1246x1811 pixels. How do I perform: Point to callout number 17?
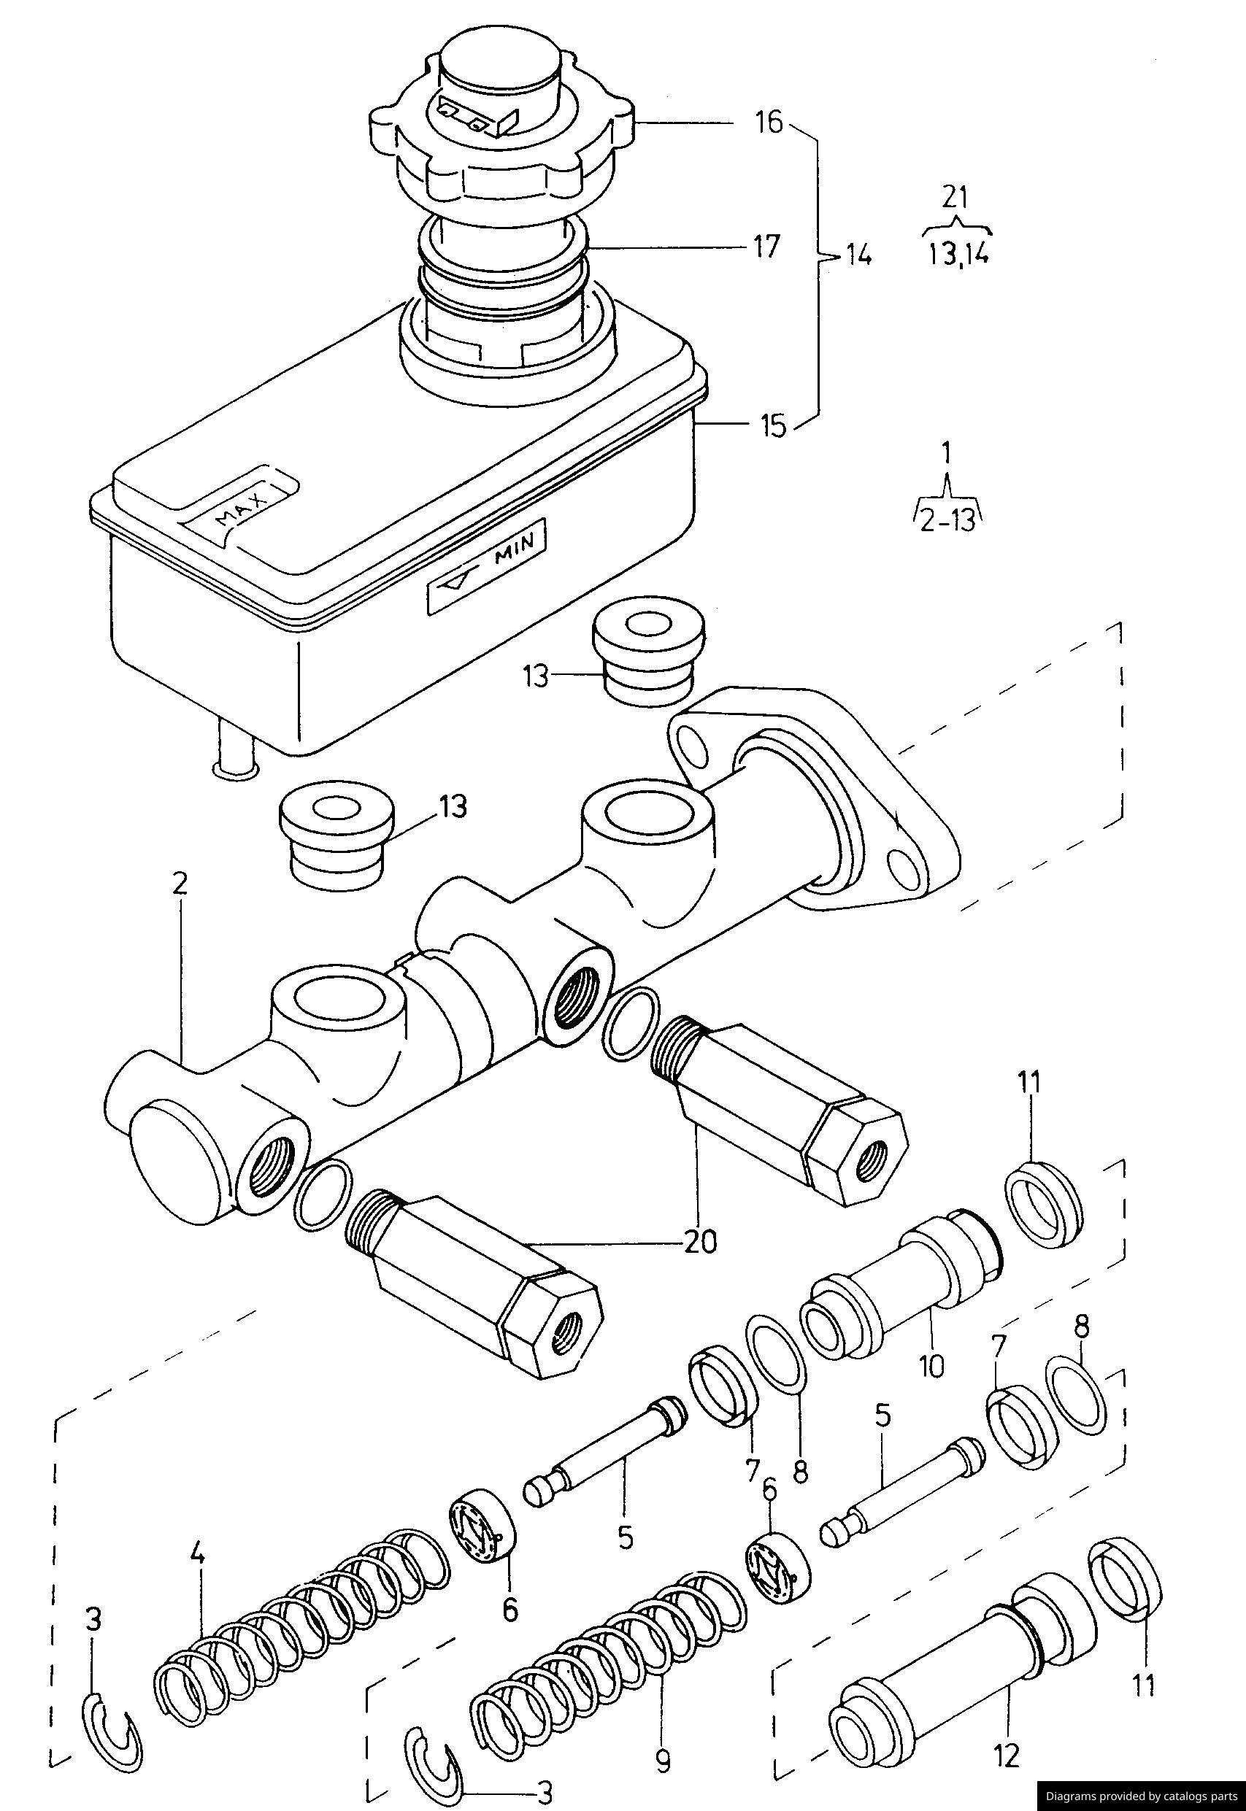766,247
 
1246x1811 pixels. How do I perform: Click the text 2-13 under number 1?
947,519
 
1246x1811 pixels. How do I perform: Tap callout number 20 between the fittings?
699,1240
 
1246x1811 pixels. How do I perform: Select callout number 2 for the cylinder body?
180,884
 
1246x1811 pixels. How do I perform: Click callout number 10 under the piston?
931,1364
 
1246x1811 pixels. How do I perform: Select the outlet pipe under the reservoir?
235,746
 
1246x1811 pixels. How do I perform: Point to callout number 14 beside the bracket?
857,255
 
